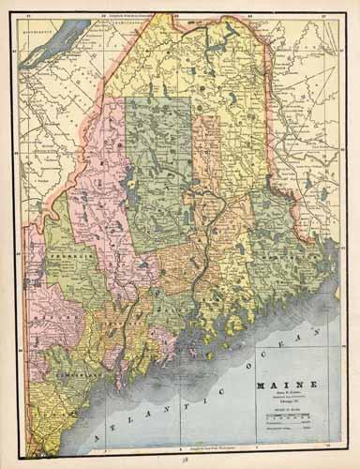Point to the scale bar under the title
tap(287, 413)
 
